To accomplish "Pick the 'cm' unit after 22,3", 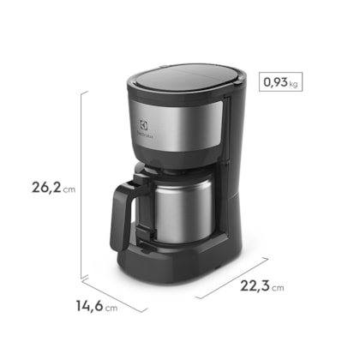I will coord(276,289).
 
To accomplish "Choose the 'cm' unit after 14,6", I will coord(111,306).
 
